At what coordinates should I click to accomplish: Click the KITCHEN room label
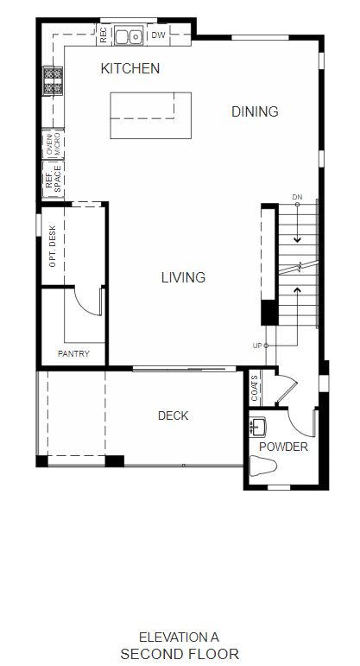click(x=129, y=68)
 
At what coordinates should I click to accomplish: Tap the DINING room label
click(x=255, y=111)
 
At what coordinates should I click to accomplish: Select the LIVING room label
click(x=183, y=277)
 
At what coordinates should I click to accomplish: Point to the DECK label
click(x=174, y=415)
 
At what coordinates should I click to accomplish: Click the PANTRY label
click(x=73, y=353)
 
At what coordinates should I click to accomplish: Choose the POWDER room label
click(x=283, y=447)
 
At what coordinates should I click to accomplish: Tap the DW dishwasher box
click(x=158, y=35)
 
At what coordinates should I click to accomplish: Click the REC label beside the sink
click(x=103, y=35)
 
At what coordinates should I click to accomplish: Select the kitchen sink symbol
click(x=129, y=36)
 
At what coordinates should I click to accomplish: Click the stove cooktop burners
click(x=53, y=80)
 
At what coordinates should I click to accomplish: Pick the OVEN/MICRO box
click(x=54, y=144)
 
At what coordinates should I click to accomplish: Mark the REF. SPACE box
click(x=54, y=180)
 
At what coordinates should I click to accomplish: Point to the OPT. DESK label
click(x=53, y=246)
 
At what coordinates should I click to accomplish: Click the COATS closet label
click(x=255, y=388)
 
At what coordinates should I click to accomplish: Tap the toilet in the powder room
click(x=262, y=466)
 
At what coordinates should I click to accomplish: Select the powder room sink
click(x=257, y=427)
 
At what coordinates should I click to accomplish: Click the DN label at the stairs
click(x=297, y=197)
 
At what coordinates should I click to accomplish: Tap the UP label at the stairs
click(x=257, y=346)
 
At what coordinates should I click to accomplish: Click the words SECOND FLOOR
click(x=180, y=654)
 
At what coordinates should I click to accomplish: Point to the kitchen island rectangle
click(x=151, y=116)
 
